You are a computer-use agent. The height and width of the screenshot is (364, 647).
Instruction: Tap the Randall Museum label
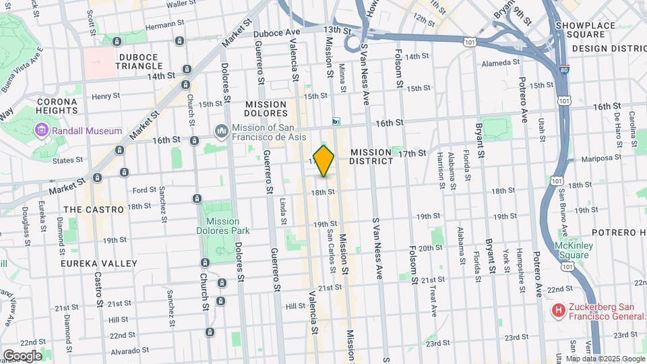coord(89,131)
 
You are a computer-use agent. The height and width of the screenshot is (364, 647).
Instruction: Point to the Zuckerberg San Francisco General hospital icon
coord(558,311)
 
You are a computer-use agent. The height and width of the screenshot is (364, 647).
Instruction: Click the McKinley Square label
coord(574,251)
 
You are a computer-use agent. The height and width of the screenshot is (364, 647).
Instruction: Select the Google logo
coord(22,355)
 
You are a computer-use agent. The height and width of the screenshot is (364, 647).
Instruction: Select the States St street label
coord(67,160)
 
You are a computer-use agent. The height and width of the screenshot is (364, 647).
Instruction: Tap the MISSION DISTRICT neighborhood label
coord(371,157)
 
